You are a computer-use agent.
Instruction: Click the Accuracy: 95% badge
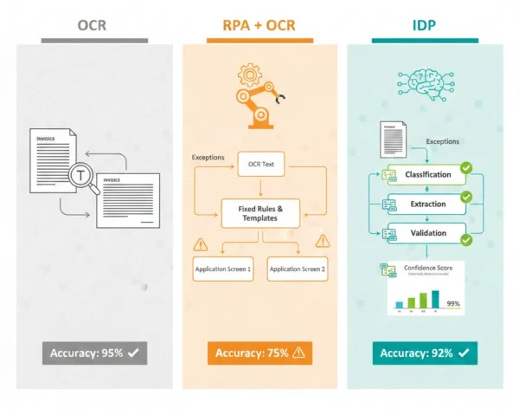(93, 353)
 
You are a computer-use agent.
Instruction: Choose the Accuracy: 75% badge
(259, 353)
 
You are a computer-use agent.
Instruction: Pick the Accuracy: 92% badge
(425, 353)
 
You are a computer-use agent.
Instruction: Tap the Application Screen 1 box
(223, 269)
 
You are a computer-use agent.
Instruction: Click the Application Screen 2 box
(298, 269)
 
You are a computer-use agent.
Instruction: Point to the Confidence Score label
(429, 268)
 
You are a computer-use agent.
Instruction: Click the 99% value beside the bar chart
(452, 303)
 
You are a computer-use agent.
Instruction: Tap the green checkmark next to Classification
(466, 168)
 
